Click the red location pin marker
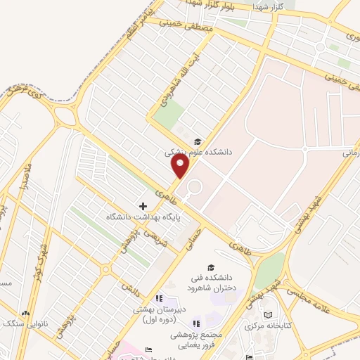[181, 166]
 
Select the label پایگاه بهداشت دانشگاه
[144, 218]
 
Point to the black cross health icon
[143, 207]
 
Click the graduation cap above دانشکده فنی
[211, 267]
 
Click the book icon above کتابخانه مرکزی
[267, 314]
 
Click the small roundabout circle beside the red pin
[193, 187]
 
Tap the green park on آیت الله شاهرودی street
[169, 112]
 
